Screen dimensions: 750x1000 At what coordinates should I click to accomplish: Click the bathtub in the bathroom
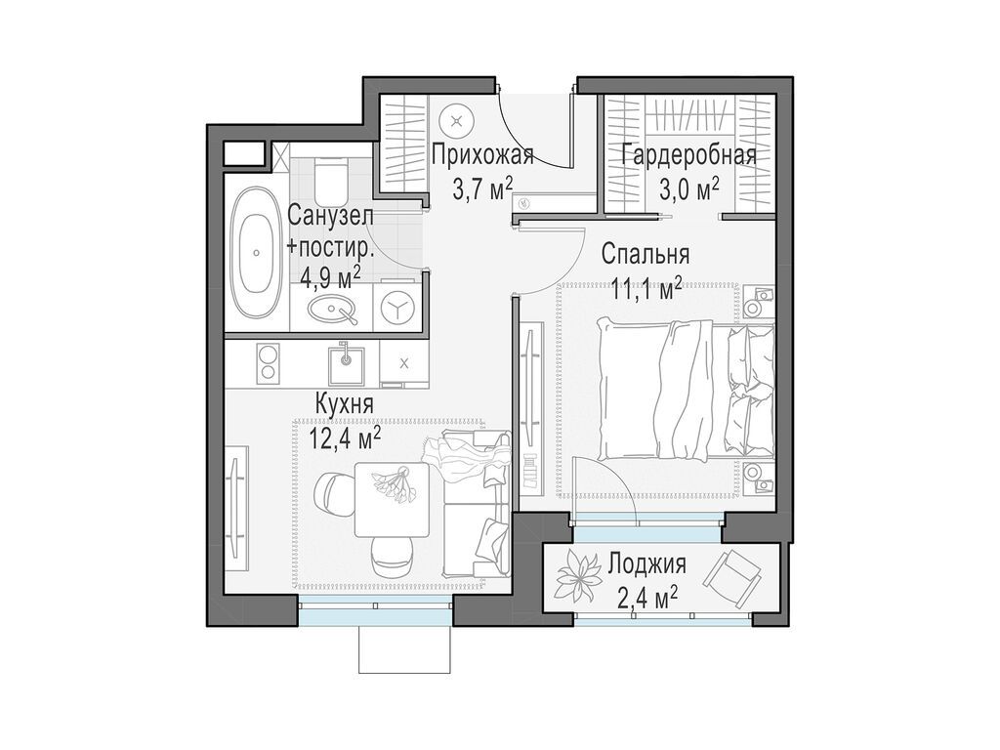255,252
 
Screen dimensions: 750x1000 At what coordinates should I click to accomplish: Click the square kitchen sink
344,364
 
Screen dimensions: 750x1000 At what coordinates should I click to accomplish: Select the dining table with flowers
391,498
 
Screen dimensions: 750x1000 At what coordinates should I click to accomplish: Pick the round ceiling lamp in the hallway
457,121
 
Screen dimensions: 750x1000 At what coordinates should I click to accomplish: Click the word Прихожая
482,155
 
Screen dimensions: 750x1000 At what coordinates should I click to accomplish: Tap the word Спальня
646,255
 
